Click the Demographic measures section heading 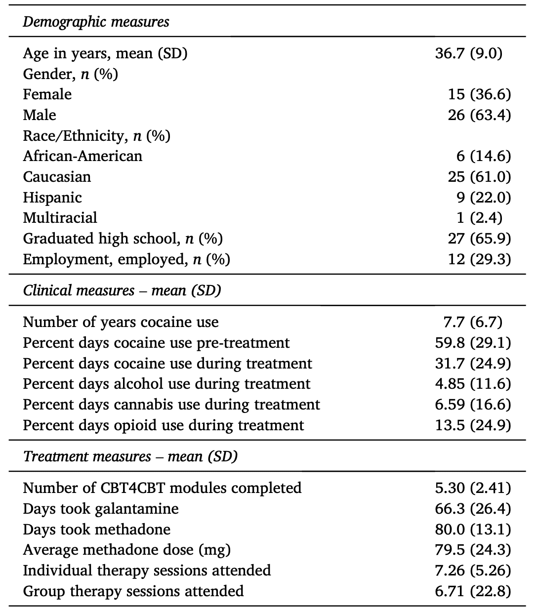[x=96, y=22]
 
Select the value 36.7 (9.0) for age [x=468, y=53]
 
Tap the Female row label [x=47, y=94]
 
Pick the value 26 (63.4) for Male [x=479, y=115]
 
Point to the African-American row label [x=83, y=156]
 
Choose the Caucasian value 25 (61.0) [x=479, y=177]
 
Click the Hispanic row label [x=52, y=198]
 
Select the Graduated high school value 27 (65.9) [x=479, y=239]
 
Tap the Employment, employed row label [x=126, y=259]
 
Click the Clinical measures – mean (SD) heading [x=122, y=290]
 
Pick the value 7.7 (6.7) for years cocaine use [x=472, y=322]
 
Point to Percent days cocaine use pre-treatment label [x=156, y=343]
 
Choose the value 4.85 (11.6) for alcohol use [x=473, y=384]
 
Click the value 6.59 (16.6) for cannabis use [x=473, y=405]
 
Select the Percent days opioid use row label [x=164, y=425]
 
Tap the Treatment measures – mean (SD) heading [x=130, y=456]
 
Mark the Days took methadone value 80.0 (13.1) [x=473, y=530]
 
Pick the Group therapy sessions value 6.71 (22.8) [x=473, y=591]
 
